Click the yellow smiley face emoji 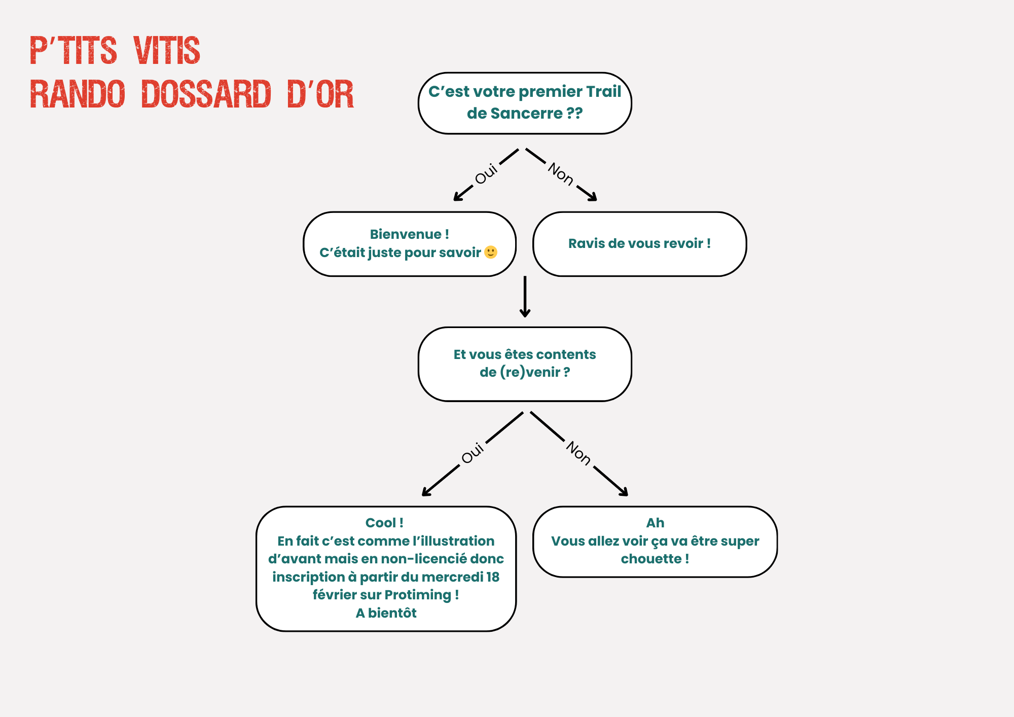pos(491,252)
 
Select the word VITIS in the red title pos(167,51)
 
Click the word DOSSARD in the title pos(206,94)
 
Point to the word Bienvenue pos(406,234)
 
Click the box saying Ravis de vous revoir pos(639,244)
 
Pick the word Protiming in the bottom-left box pos(418,595)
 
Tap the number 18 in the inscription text pos(492,577)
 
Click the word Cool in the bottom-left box pos(380,523)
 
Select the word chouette pos(651,559)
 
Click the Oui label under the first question pos(486,174)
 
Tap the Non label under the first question pos(561,174)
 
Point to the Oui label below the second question pos(473,453)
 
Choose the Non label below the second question pos(578,453)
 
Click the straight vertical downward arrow pos(525,297)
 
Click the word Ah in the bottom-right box pos(655,523)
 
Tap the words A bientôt pos(386,613)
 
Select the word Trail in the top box pos(603,91)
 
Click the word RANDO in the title pos(78,94)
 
